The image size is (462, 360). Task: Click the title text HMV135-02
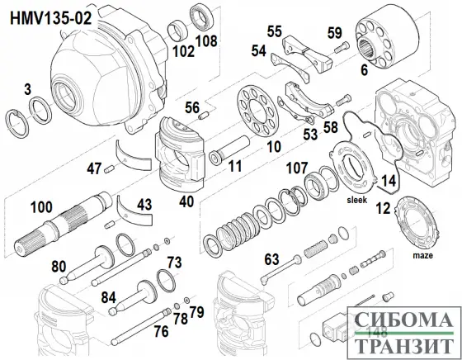pyautogui.click(x=50, y=18)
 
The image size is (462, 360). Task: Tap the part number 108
pyautogui.click(x=206, y=40)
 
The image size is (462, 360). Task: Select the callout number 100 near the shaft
pyautogui.click(x=41, y=207)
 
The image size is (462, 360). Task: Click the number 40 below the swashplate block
pyautogui.click(x=186, y=202)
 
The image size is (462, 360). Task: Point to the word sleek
pyautogui.click(x=356, y=200)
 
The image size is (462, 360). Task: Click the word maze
pyautogui.click(x=422, y=255)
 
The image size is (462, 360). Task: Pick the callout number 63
pyautogui.click(x=271, y=259)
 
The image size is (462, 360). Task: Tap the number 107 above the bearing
pyautogui.click(x=297, y=168)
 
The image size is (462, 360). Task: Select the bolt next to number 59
pyautogui.click(x=342, y=47)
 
